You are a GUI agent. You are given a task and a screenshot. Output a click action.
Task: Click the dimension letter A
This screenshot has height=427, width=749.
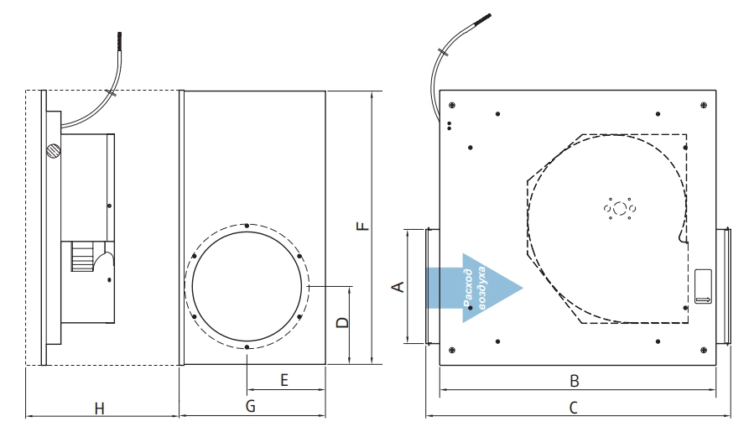[x=398, y=287]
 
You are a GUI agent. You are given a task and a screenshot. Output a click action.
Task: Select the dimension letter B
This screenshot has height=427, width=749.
[x=575, y=381]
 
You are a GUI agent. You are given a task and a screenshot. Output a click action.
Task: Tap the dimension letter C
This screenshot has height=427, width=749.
[x=574, y=408]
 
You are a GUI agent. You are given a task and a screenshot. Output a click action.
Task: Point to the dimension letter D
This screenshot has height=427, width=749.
[x=343, y=323]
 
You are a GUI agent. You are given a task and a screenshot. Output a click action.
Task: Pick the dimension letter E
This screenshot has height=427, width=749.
[x=284, y=381]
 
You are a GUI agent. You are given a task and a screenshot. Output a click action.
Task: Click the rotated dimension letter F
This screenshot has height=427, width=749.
[x=363, y=226]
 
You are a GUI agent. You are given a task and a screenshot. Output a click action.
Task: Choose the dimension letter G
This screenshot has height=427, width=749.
[x=251, y=407]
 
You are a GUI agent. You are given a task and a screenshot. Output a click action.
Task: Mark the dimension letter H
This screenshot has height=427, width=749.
[x=99, y=409]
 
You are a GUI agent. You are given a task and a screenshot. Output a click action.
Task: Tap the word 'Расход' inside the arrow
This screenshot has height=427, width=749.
[x=468, y=288]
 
